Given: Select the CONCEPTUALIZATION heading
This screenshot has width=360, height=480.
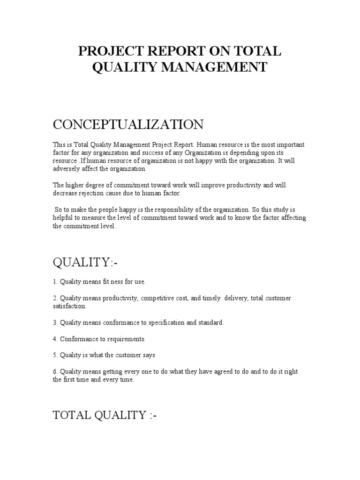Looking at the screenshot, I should pyautogui.click(x=128, y=125).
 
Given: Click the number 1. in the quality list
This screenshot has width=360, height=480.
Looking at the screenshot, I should pyautogui.click(x=55, y=282).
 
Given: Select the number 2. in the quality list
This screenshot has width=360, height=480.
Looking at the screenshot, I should pyautogui.click(x=55, y=299).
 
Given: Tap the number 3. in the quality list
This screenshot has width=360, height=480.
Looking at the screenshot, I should pyautogui.click(x=55, y=322).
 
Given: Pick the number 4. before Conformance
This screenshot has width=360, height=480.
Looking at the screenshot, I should pyautogui.click(x=55, y=339).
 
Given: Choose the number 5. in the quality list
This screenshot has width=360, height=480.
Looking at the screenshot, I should pyautogui.click(x=55, y=355).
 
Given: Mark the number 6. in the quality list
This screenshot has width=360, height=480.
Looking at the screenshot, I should pyautogui.click(x=55, y=372).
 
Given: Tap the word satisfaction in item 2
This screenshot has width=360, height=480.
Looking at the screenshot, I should pyautogui.click(x=69, y=306).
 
